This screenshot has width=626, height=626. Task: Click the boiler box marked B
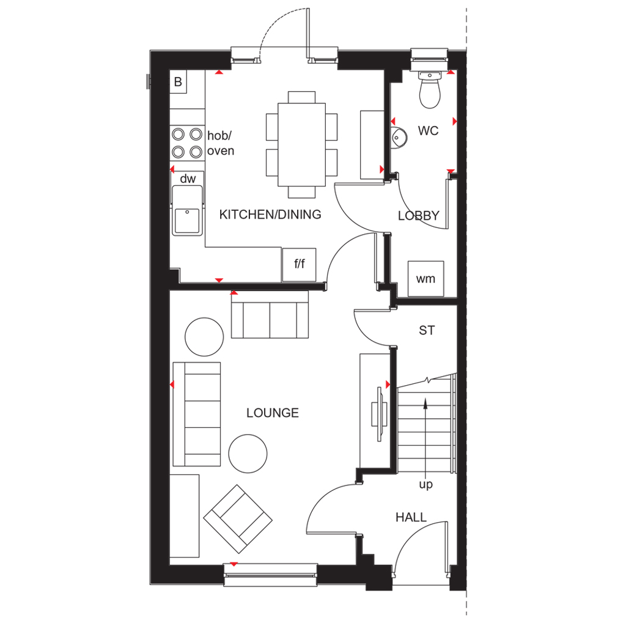178,82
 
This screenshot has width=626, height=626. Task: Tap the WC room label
428,131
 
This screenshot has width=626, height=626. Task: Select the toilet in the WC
430,90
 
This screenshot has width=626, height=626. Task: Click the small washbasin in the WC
399,138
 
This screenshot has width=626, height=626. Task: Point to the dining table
302,144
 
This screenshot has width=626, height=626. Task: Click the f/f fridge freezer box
299,264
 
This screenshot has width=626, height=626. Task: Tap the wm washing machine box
425,279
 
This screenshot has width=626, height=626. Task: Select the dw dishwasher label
188,179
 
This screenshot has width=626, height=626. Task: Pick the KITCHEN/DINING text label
270,215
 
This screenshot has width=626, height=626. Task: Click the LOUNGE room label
273,413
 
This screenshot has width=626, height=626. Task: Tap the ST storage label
427,331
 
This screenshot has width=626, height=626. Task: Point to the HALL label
411,517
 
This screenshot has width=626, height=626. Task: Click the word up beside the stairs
426,485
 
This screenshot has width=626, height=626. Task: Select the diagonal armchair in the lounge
238,519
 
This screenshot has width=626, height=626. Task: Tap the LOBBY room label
418,216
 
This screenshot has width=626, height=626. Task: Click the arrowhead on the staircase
425,403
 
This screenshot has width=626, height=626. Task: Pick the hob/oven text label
220,143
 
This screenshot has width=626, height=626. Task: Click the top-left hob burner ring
178,134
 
